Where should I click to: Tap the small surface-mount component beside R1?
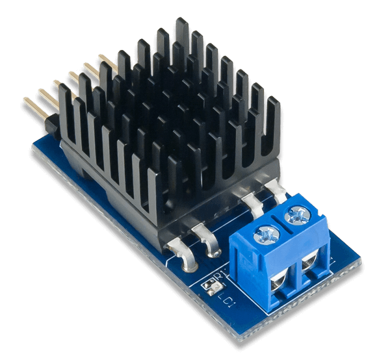[209, 286]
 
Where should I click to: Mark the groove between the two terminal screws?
[283, 222]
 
